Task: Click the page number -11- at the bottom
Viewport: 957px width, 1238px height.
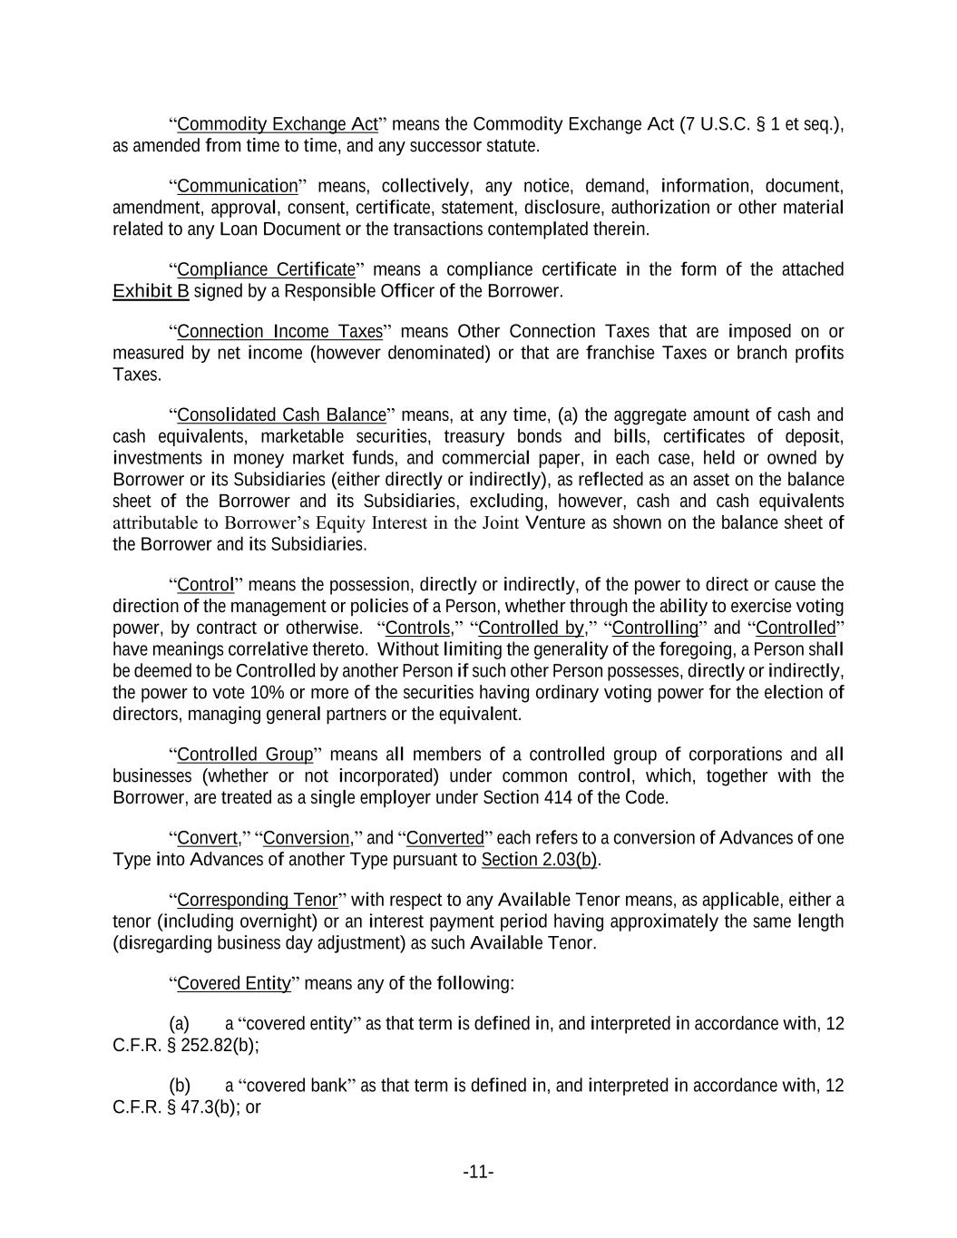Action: click(478, 1172)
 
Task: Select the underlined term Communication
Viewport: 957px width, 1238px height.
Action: click(238, 187)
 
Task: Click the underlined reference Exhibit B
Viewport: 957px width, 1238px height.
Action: click(151, 291)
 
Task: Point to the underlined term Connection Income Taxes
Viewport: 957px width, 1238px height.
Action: click(280, 331)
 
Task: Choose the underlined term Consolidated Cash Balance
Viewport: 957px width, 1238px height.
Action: click(281, 415)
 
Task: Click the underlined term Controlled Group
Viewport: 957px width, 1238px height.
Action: click(245, 755)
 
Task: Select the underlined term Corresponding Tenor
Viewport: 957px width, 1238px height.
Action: click(257, 900)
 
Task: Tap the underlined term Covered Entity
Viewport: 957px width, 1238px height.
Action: click(233, 983)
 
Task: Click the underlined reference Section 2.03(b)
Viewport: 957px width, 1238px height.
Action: click(539, 860)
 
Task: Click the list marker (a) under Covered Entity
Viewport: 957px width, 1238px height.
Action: click(180, 1024)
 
